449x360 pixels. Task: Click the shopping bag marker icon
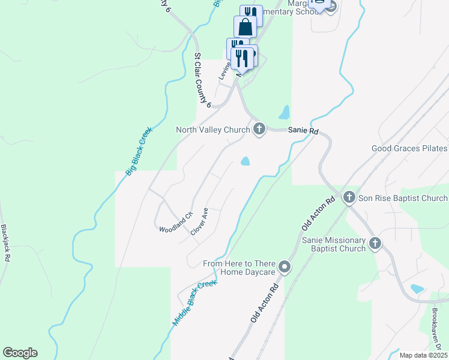245,26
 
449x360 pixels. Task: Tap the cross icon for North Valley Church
259,129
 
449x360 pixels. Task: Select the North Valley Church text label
213,130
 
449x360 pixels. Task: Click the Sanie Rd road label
303,130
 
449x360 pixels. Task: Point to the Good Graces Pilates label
409,148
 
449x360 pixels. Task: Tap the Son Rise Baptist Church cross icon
350,197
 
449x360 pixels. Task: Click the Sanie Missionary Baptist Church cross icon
375,243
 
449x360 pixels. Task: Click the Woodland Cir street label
175,223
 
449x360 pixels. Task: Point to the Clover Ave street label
199,221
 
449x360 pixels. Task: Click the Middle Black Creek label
193,303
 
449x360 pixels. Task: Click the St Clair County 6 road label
202,80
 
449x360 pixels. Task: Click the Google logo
20,352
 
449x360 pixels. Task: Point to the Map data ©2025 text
423,355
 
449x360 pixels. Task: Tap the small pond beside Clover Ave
246,161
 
